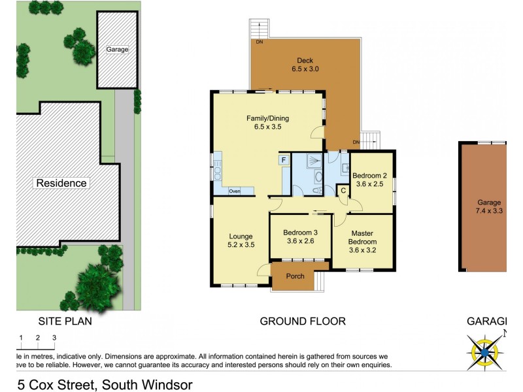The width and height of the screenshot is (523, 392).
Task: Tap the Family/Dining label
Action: point(267,122)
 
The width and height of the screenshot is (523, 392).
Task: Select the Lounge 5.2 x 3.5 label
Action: point(241,240)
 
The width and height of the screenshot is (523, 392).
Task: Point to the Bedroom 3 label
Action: point(300,237)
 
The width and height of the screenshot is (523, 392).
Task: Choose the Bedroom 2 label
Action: point(370,180)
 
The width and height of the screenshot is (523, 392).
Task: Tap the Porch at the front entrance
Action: point(295,276)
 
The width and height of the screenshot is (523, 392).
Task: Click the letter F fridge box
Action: point(284,160)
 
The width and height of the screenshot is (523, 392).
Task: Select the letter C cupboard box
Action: point(343,190)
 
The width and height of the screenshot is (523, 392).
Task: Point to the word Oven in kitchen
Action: point(234,191)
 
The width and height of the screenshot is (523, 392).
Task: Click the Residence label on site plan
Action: point(61,183)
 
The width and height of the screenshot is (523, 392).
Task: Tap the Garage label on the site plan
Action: point(118,49)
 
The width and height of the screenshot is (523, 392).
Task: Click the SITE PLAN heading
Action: point(65,321)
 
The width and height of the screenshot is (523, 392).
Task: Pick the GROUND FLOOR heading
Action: point(303,321)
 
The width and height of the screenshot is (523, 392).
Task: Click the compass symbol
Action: point(485,351)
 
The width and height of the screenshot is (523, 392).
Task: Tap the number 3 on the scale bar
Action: point(54,337)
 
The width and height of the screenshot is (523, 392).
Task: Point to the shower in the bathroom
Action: point(313,161)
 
